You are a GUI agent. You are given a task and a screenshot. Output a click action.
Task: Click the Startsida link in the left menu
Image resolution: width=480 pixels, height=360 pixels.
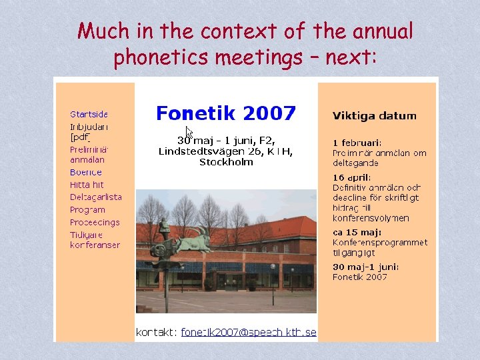coord(89,114)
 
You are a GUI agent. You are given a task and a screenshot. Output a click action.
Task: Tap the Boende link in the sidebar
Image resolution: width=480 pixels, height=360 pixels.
coord(86,173)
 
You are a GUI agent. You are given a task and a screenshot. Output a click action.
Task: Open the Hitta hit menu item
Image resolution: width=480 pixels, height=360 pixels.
coord(87,185)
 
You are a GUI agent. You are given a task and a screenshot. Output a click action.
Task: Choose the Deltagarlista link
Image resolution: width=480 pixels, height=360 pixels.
coord(96,197)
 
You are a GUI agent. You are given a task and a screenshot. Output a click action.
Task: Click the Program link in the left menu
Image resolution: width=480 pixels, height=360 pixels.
coord(87,209)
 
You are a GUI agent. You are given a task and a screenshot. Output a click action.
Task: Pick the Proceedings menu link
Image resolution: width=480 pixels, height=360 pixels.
coord(95,222)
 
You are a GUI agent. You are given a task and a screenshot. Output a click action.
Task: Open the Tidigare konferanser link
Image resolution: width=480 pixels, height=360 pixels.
coord(95,240)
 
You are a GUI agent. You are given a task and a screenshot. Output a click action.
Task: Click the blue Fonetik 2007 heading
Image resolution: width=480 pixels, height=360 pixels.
coord(225,113)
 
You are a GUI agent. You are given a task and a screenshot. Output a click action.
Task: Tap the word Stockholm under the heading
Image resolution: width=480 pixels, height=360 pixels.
coord(226,162)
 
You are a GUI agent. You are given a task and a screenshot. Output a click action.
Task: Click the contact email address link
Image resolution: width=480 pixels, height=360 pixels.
coord(248,332)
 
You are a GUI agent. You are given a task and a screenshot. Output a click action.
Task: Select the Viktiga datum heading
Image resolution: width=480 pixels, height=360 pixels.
coord(374,115)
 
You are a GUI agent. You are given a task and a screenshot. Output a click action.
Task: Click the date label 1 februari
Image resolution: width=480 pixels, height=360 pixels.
coord(357,143)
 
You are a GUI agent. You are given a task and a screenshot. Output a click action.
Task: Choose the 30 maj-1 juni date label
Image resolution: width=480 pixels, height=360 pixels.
coord(366,267)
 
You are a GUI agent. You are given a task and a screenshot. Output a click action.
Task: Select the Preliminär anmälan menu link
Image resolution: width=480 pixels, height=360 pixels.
coord(89,155)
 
